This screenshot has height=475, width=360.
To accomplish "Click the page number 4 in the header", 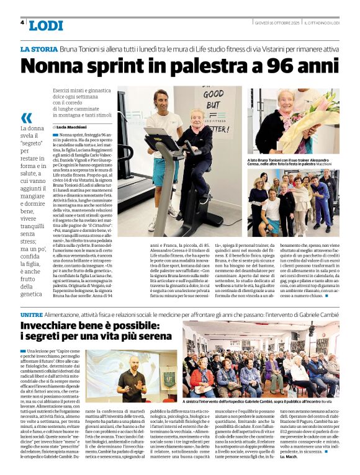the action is [22, 22].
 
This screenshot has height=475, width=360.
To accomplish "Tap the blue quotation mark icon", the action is [26, 118].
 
